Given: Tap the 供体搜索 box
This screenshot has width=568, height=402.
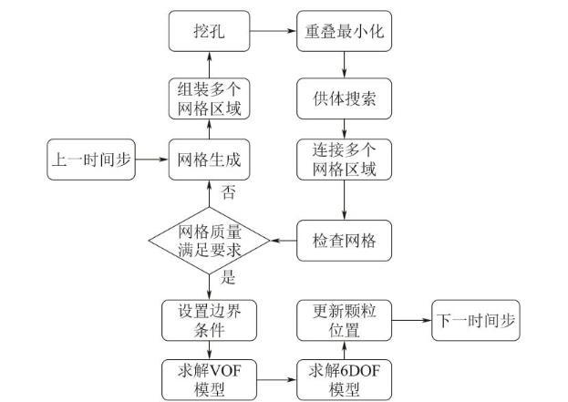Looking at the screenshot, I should [343, 97].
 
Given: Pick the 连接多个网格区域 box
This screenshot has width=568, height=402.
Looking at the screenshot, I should [343, 160].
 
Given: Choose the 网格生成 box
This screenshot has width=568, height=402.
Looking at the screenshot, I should [210, 160].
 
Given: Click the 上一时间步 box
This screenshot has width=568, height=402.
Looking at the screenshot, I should [89, 160].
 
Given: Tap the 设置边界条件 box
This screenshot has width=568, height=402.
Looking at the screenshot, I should [210, 319].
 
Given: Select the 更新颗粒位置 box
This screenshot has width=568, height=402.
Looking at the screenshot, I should [343, 319].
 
